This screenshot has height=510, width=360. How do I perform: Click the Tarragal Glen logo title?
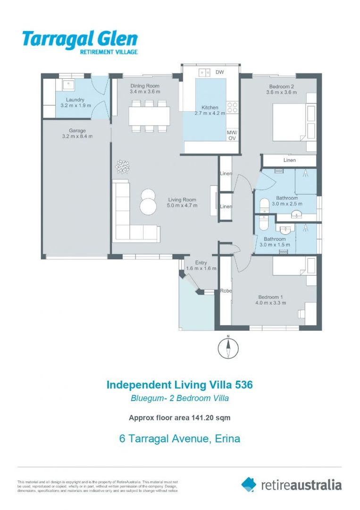[x=80, y=39]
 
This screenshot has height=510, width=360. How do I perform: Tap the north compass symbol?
[x=228, y=348]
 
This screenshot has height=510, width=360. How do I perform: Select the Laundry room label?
[x=75, y=100]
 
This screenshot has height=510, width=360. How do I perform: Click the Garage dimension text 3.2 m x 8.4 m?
[x=77, y=136]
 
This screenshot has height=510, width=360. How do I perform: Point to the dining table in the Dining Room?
[x=149, y=116]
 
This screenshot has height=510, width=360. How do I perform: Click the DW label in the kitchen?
[x=219, y=72]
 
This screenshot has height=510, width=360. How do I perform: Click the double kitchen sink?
[x=205, y=72]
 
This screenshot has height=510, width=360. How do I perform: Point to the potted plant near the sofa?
[x=123, y=166]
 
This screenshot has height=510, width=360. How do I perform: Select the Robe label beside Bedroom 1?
[x=226, y=291]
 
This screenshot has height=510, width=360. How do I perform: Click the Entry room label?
[x=201, y=263]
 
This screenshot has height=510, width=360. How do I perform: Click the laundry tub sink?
[x=68, y=85]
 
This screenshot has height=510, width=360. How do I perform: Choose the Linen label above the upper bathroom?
[x=289, y=161]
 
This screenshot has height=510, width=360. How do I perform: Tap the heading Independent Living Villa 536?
[x=180, y=385]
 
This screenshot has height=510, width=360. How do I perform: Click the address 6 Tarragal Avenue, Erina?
[x=180, y=439]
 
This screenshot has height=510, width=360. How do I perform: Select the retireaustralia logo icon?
[x=249, y=484]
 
